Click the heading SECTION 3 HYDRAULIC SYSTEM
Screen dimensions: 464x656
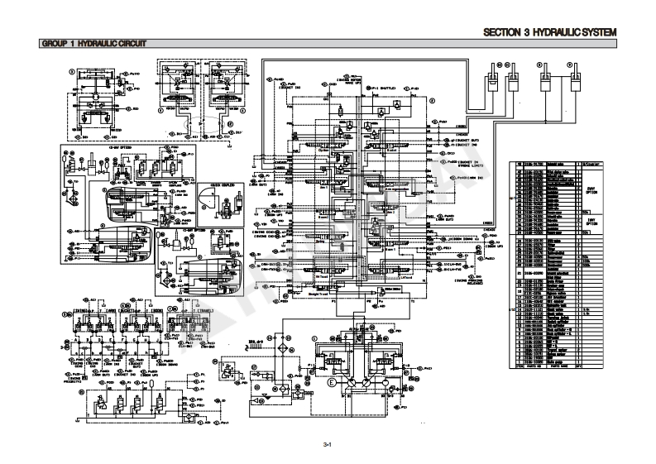tap(563, 32)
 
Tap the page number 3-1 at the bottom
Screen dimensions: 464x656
tap(328, 444)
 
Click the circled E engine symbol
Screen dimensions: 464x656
tap(333, 384)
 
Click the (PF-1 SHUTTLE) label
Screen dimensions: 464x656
tap(382, 86)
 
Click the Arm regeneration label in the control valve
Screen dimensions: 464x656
tap(383, 189)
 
